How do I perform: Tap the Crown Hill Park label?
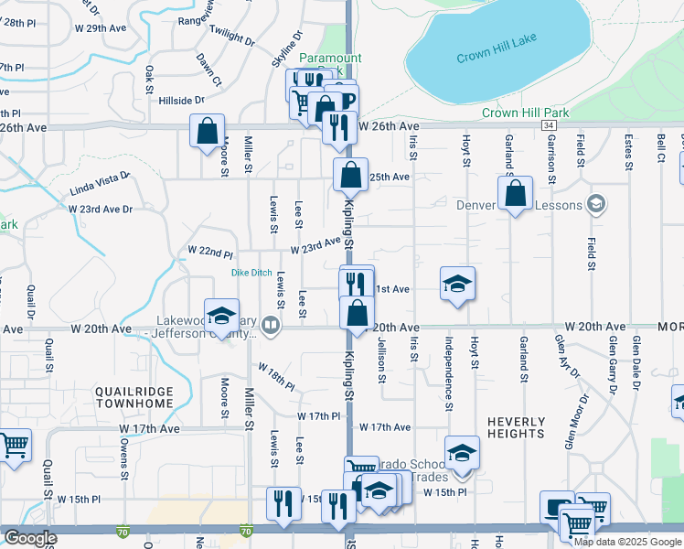click(x=525, y=113)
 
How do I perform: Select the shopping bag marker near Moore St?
click(x=207, y=131)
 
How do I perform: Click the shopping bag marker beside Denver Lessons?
click(x=516, y=194)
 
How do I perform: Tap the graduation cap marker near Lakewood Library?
click(x=220, y=317)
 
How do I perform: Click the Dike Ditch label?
click(x=251, y=274)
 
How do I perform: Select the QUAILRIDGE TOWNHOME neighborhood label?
click(x=134, y=397)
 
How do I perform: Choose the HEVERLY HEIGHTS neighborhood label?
click(x=516, y=428)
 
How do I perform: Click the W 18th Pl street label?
click(x=276, y=376)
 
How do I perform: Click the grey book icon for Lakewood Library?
click(x=270, y=325)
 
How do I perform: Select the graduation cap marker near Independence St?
click(x=457, y=284)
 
